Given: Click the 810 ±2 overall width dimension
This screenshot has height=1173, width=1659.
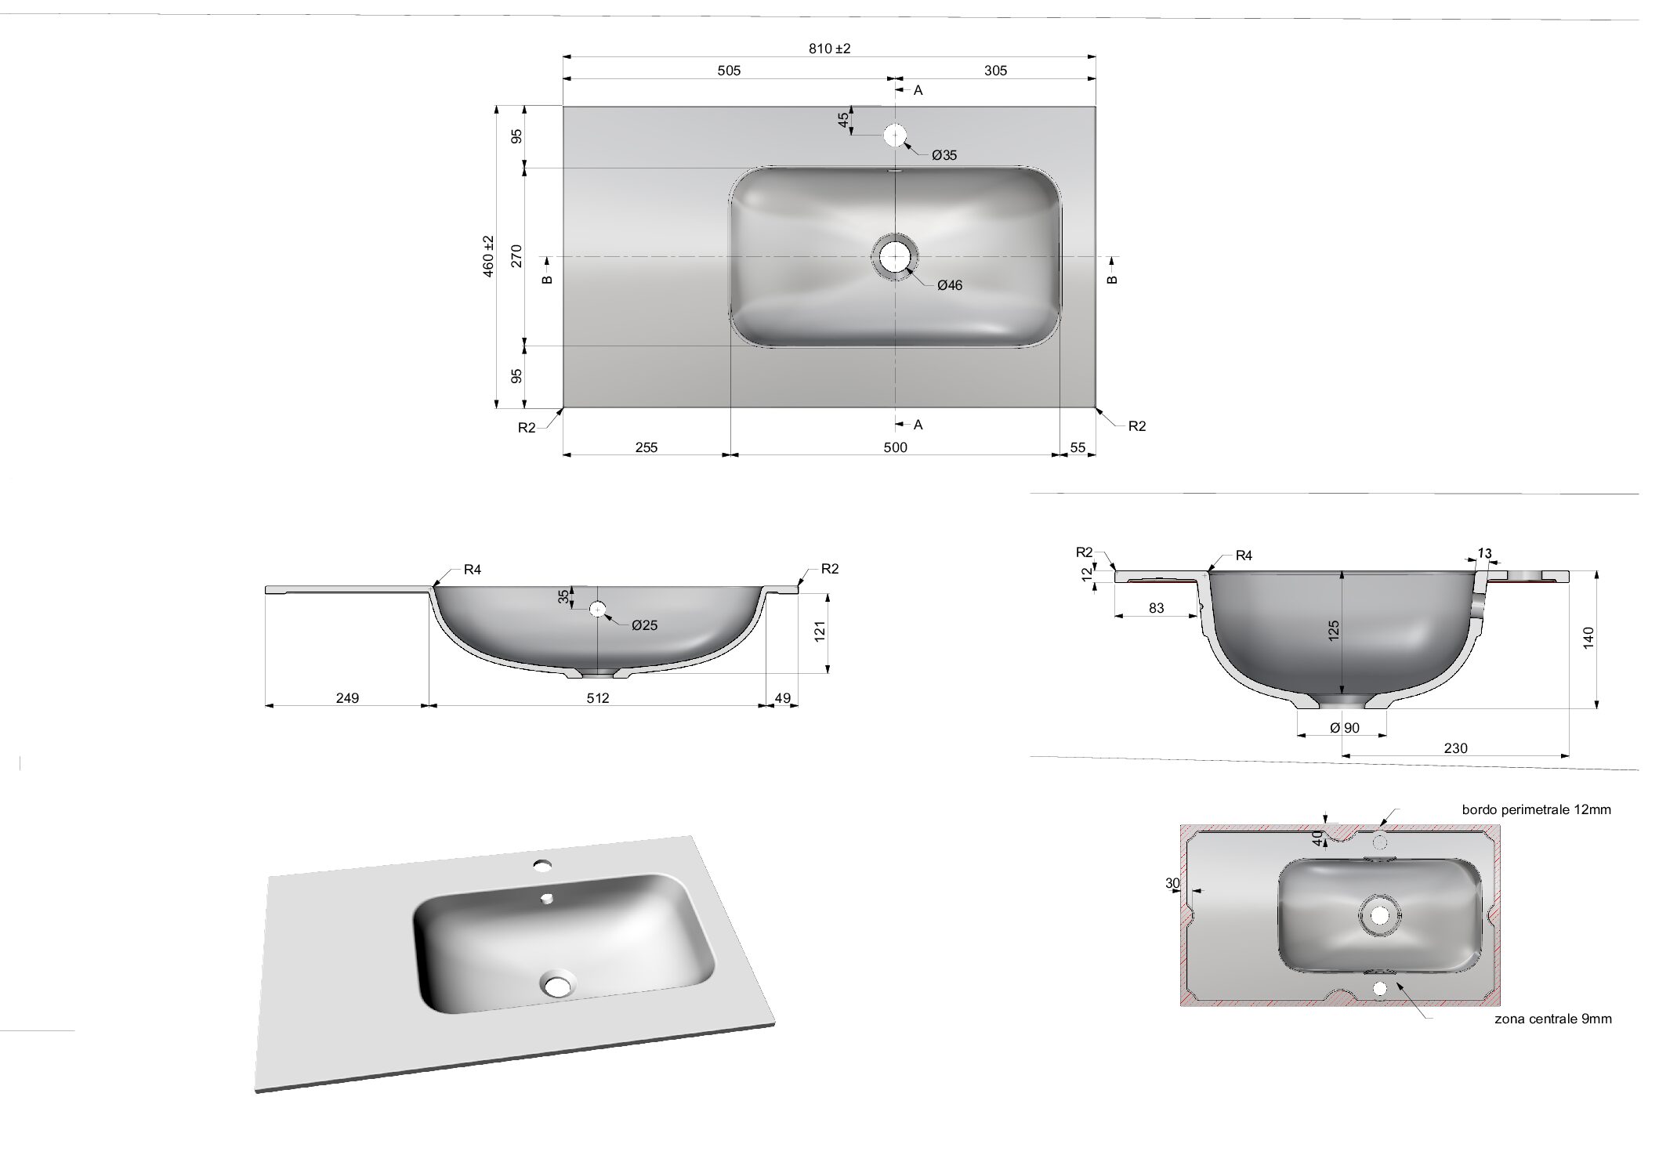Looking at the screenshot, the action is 829,49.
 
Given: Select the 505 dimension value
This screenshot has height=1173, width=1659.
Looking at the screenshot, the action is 729,71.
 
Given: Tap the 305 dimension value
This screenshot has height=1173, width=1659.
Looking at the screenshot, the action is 995,71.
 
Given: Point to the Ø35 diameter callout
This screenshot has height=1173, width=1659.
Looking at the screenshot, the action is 944,155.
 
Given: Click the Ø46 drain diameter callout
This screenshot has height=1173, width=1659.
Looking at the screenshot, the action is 950,285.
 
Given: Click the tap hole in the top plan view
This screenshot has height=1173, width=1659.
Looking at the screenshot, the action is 895,136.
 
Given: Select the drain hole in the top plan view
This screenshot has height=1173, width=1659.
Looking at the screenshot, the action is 895,256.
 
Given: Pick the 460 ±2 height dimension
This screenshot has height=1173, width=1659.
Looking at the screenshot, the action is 488,256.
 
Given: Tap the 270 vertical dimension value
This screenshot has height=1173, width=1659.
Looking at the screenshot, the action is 516,256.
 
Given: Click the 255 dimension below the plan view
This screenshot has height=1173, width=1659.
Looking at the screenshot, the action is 647,447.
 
